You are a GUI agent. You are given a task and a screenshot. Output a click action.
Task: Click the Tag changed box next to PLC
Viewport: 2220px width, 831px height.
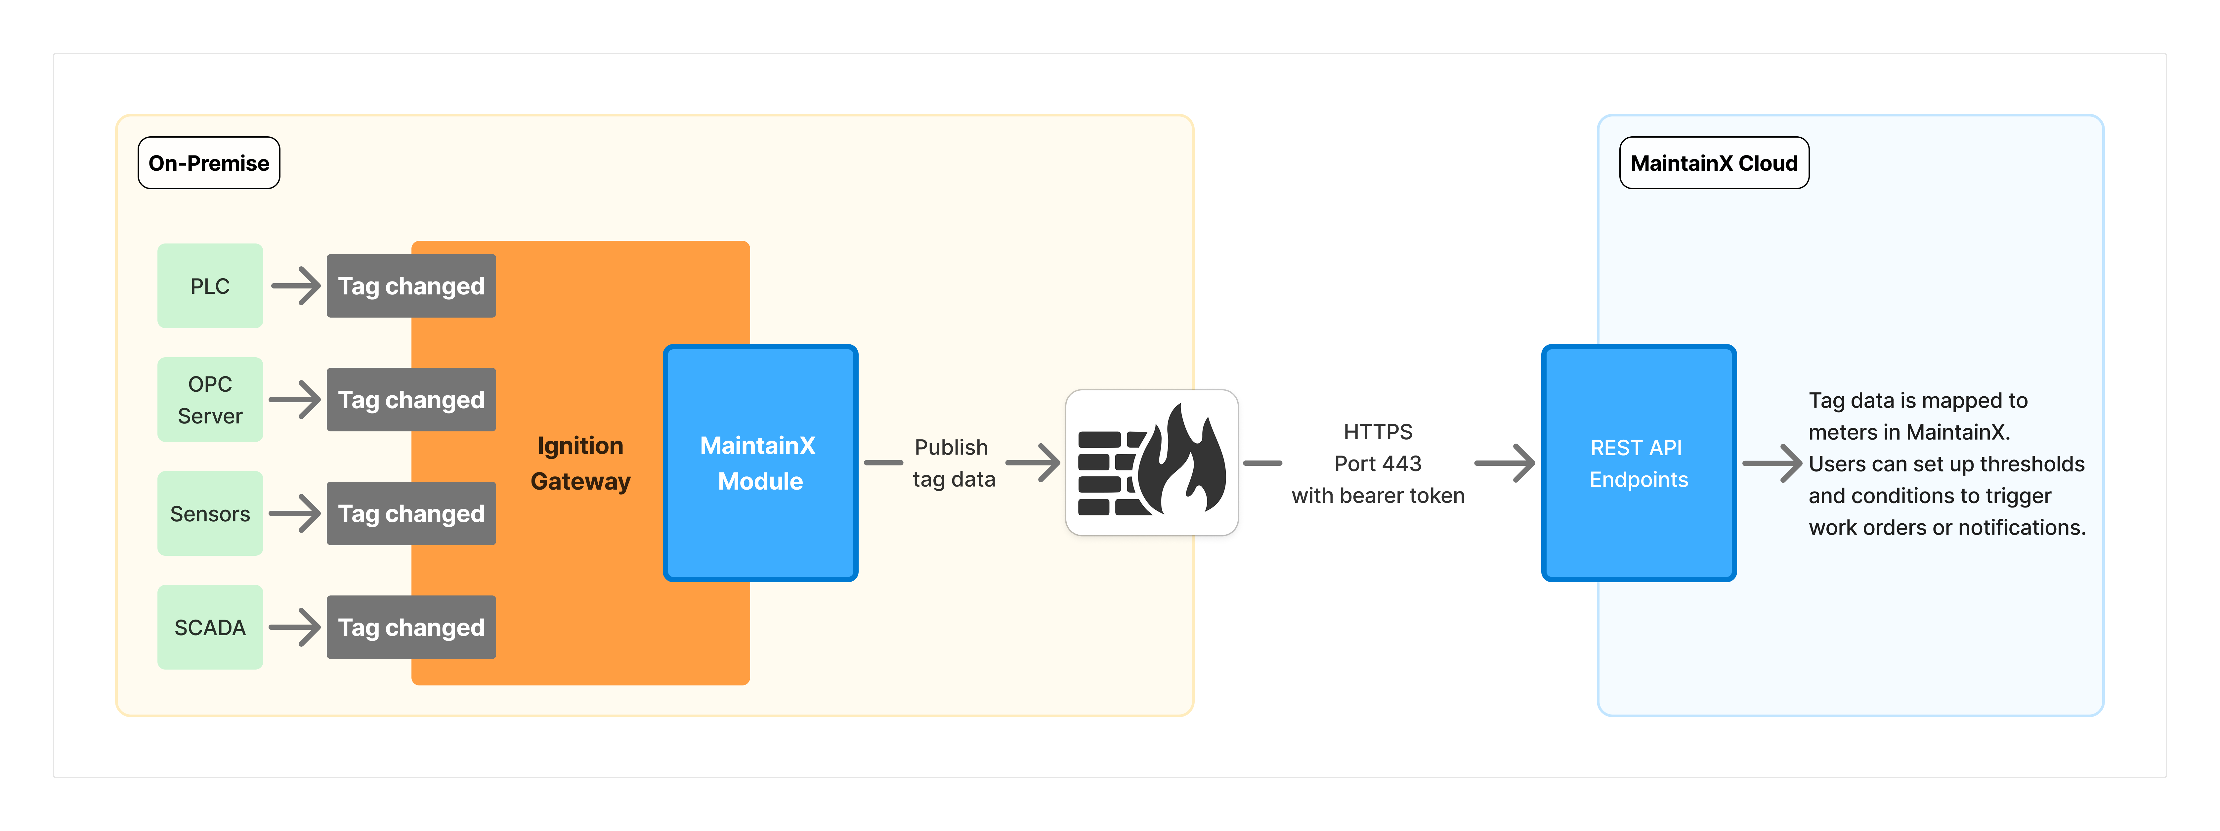(411, 285)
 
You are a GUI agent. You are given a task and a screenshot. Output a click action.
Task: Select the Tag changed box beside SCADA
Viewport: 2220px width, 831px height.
(411, 627)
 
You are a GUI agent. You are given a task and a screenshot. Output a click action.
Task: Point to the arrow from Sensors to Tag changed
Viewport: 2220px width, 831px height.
(295, 513)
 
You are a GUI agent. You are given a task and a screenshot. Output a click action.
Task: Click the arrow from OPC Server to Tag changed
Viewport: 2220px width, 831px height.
(295, 399)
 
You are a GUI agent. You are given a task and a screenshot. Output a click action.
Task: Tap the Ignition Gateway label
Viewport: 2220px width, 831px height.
(580, 463)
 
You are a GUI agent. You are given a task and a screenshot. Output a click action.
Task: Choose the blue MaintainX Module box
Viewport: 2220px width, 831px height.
(760, 463)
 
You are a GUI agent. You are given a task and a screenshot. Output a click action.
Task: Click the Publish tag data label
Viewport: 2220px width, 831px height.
(953, 463)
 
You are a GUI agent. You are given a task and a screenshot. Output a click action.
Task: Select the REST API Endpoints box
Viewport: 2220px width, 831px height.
(1638, 463)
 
